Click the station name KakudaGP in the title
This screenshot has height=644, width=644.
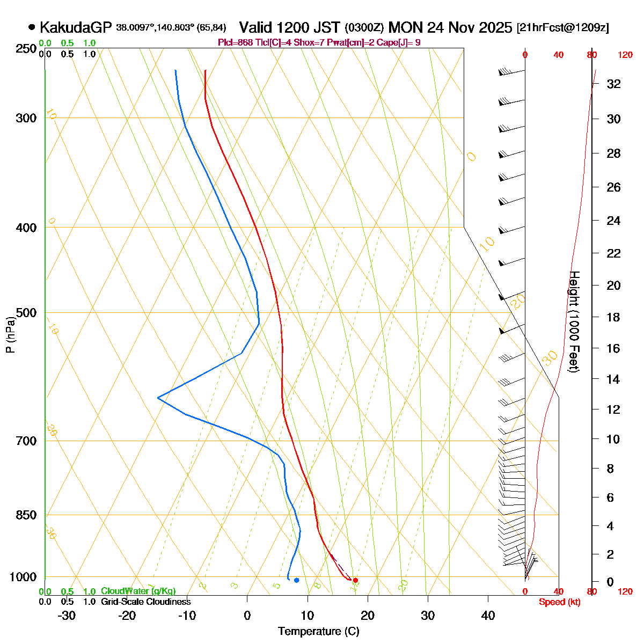coord(75,27)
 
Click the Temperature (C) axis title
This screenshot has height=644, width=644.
coord(318,632)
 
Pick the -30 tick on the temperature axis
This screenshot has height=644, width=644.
coord(66,616)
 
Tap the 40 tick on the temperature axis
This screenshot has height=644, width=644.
coord(488,616)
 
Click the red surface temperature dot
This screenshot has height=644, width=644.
coord(355,580)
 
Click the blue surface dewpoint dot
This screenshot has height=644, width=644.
coord(296,580)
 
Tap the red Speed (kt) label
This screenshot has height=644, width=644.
coord(560,602)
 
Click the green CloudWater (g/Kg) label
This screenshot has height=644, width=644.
coord(138,591)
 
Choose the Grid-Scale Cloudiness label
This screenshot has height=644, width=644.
coord(145,602)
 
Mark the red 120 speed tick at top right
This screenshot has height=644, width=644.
coord(625,55)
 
